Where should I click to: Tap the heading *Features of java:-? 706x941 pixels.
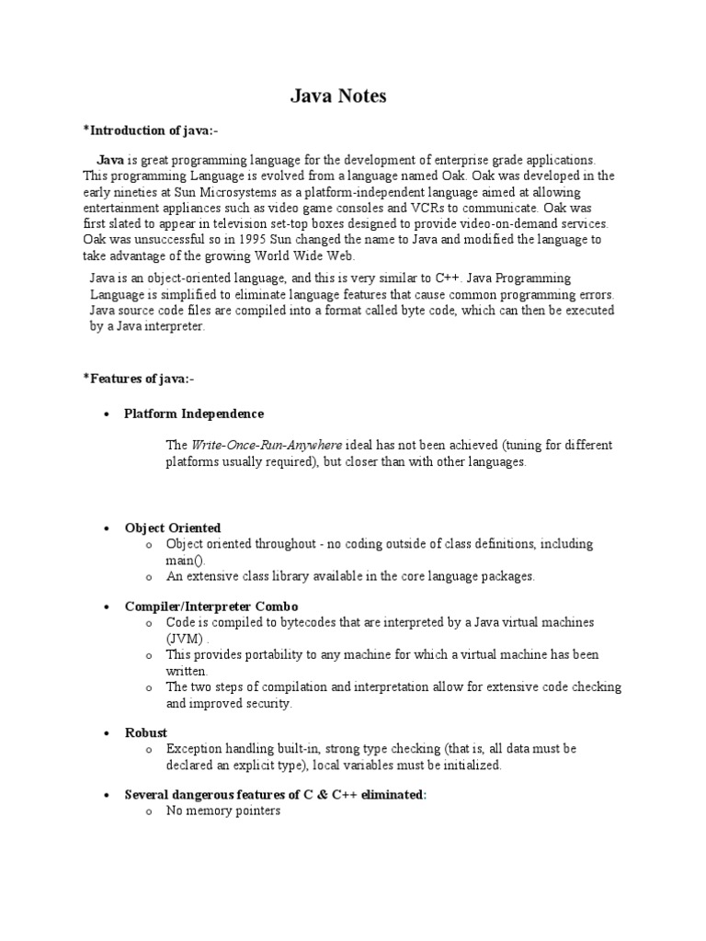(x=139, y=379)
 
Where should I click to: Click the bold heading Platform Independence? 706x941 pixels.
(x=194, y=414)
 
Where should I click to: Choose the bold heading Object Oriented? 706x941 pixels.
(x=173, y=528)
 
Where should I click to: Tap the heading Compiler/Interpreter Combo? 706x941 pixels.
(x=211, y=607)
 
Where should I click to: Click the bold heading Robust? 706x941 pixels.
(x=146, y=733)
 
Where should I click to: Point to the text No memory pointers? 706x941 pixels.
(x=223, y=811)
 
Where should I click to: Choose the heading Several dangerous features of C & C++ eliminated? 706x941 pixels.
(x=276, y=795)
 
